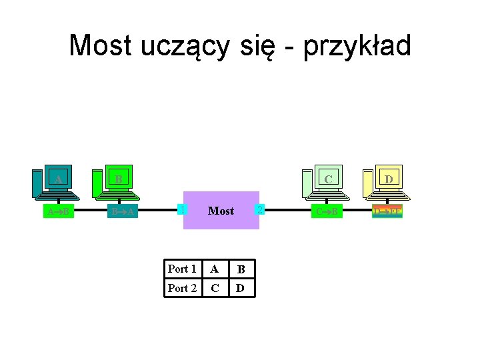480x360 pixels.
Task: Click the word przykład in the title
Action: (357, 46)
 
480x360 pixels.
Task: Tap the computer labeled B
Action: (117, 181)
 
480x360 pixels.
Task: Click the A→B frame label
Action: (59, 212)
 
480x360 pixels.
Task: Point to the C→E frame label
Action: (327, 212)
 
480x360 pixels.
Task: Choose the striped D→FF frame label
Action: (387, 212)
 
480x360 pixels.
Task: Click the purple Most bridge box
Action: (221, 211)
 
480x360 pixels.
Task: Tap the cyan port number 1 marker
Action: (181, 209)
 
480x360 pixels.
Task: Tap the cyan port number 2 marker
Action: (261, 210)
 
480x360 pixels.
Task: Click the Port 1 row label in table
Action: (182, 269)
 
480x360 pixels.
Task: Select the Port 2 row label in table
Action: (182, 288)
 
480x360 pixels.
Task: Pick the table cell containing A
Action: (214, 269)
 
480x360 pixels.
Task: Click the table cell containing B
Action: (241, 269)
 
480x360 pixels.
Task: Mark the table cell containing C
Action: (214, 288)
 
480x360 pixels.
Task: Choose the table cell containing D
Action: (241, 288)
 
